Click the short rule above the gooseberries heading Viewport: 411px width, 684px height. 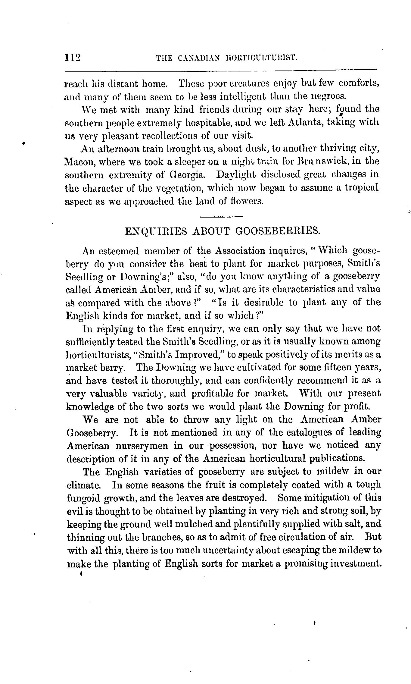coord(221,217)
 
